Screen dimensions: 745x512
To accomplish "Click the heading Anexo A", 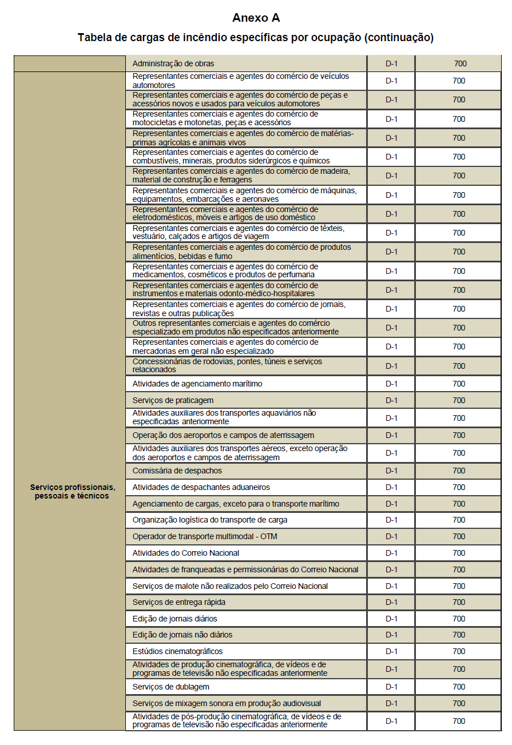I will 256,18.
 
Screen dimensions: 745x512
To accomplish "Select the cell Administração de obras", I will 173,63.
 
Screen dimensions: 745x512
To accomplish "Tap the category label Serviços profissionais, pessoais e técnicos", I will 73,492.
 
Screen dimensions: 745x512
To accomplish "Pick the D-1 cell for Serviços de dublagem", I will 391,687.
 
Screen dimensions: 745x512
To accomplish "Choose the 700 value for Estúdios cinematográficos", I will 459,651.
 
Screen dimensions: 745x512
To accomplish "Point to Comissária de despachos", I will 177,471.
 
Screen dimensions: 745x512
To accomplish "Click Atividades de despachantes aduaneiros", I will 201,487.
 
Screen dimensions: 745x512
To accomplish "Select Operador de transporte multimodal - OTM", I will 205,536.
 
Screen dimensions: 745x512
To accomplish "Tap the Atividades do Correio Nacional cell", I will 185,553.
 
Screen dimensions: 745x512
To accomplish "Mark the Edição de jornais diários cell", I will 174,619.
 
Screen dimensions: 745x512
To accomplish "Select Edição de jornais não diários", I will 182,635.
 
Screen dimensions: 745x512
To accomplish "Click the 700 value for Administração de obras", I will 460,63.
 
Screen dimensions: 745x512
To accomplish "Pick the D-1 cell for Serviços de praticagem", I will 391,400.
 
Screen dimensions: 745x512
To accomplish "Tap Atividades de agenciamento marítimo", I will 197,384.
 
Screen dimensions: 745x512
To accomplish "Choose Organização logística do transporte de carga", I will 209,520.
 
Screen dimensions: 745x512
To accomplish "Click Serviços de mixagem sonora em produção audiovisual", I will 227,703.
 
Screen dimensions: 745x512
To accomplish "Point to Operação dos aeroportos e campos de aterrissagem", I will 223,435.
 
